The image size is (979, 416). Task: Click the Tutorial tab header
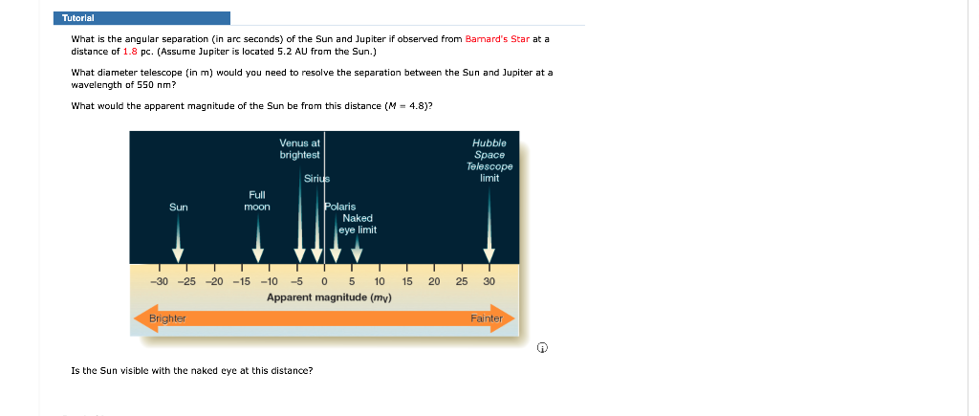coord(141,18)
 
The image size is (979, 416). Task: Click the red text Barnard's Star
coord(497,38)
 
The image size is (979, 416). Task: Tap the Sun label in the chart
coord(179,207)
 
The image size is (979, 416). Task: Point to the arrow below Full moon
coord(258,240)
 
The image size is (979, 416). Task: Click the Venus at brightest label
coord(299,148)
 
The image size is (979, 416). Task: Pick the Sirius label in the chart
coord(316,179)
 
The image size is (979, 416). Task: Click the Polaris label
coord(340,207)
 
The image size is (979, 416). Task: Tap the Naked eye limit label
coord(358,224)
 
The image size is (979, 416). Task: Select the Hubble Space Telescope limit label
coord(489,160)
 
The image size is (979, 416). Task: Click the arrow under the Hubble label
coord(489,225)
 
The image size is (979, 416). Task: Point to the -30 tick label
coord(160,282)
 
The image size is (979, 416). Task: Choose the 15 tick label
coord(407,282)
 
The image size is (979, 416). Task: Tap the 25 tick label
coord(462,282)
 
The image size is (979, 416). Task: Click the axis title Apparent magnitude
coord(329,297)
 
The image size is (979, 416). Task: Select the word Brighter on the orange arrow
coord(167,318)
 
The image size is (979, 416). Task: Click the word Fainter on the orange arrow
coord(487,318)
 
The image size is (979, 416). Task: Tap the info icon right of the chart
coord(543,347)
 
